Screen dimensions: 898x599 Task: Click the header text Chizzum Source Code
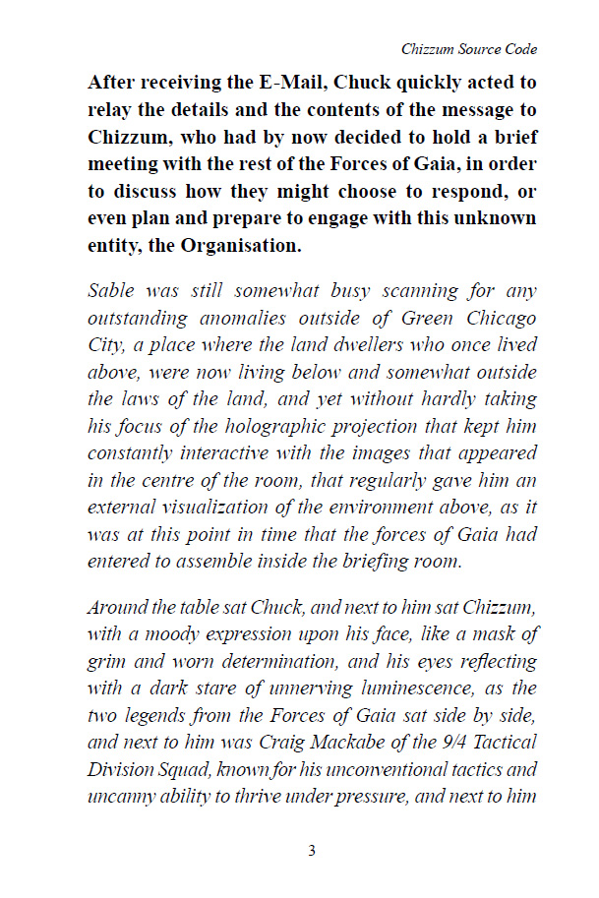pos(469,49)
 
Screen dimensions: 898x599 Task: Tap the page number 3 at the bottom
pos(312,851)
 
